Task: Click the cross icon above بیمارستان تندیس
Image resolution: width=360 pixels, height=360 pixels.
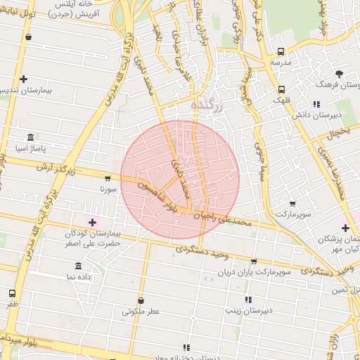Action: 24,79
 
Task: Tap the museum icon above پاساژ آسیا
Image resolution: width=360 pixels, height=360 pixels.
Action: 30,137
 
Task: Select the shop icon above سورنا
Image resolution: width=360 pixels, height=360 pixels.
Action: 107,179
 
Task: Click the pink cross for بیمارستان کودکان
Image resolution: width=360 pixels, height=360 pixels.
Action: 92,222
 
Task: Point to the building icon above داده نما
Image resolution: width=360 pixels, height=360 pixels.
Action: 77,266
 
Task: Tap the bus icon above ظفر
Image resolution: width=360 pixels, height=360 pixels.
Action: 12,293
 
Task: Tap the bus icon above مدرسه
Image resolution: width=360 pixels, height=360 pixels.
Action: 281,51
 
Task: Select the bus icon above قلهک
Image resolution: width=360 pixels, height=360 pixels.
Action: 281,89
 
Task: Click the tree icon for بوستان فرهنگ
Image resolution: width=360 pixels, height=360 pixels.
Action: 339,73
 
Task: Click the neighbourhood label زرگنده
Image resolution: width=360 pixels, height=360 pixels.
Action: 206,105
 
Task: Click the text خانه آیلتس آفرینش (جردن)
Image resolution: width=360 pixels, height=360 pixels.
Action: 77,8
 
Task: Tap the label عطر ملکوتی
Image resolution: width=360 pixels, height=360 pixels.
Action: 141,311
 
